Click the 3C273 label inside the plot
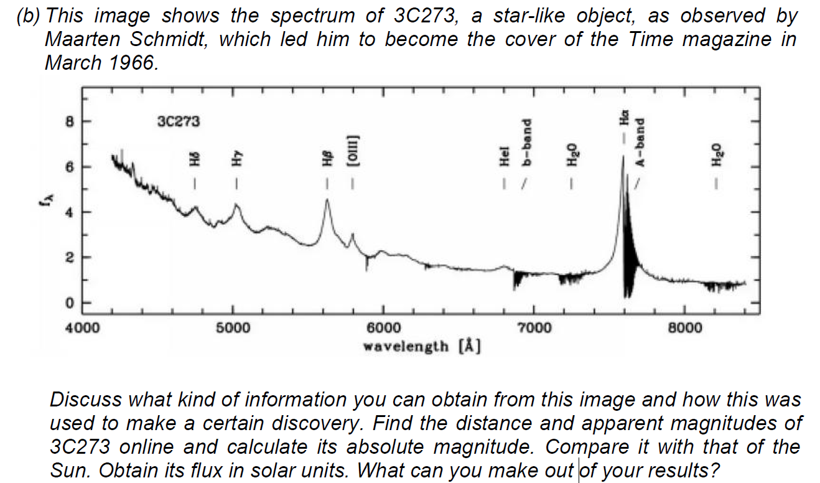click(179, 121)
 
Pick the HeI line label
click(505, 158)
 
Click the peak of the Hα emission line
click(623, 157)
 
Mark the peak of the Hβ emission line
click(327, 200)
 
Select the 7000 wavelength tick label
click(534, 328)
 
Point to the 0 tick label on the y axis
click(70, 303)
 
